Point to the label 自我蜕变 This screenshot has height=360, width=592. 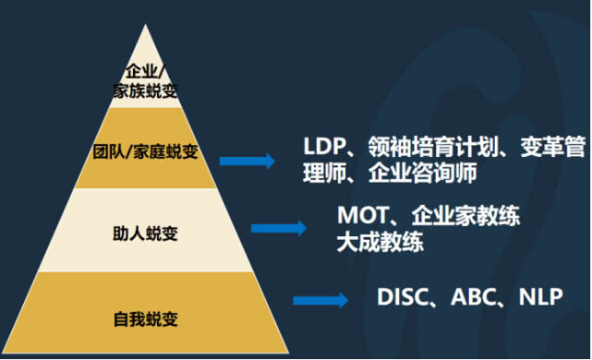coord(146,319)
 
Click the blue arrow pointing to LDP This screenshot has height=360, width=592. coord(248,161)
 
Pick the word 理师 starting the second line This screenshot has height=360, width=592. coord(325,173)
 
